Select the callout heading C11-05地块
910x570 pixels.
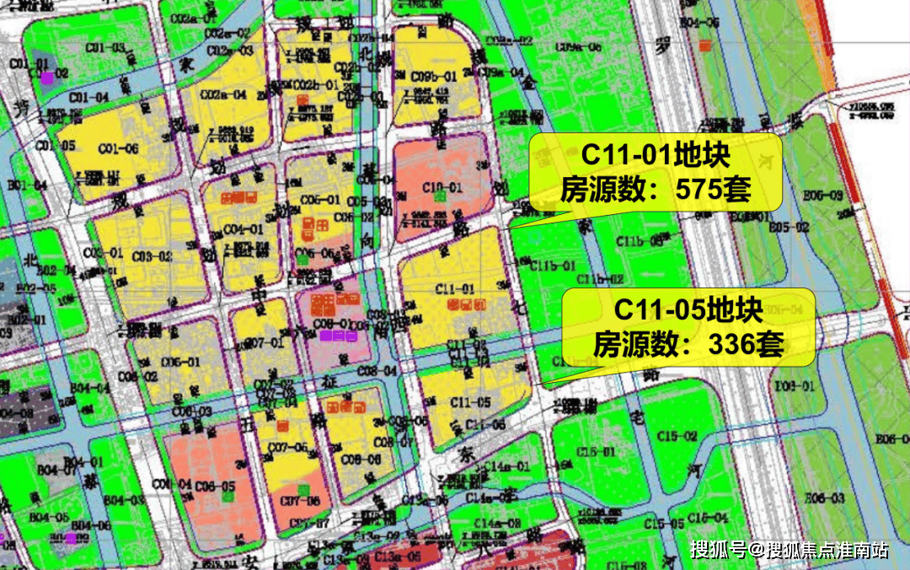click(688, 309)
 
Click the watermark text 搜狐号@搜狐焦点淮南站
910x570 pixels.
click(789, 551)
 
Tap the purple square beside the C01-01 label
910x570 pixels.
click(48, 78)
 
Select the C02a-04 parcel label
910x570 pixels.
click(227, 94)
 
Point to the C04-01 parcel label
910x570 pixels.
click(244, 229)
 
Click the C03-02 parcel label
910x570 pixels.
click(152, 255)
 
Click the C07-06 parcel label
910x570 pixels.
click(300, 501)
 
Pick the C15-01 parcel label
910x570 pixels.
click(596, 453)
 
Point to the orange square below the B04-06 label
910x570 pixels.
click(71, 538)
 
